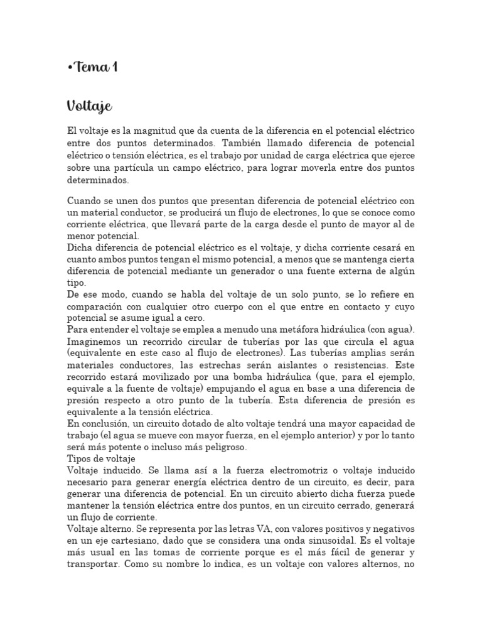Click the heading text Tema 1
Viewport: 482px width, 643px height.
(x=95, y=67)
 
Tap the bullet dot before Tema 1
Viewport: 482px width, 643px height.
(x=69, y=68)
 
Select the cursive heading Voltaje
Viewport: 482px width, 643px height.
(x=89, y=106)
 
